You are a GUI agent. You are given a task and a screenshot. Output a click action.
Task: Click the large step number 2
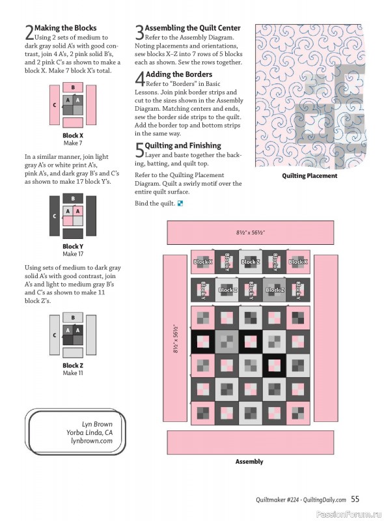29,33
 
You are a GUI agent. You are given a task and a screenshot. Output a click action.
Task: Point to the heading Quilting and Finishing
183,145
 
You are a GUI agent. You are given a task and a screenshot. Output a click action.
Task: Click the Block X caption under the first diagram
73,135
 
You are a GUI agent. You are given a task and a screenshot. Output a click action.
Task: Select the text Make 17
73,254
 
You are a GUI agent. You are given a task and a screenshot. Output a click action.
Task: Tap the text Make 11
73,373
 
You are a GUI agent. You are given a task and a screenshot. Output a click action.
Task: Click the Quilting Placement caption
309,176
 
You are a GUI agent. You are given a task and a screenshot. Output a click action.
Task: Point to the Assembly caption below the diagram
249,462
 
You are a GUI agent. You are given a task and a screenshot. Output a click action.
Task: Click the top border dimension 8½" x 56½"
249,232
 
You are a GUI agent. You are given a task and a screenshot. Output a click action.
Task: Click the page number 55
355,500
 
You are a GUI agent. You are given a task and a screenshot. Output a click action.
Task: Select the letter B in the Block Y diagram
73,199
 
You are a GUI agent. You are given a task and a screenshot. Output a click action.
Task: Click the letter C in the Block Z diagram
55,335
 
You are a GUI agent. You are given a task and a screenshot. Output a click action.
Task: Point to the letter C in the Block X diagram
55,104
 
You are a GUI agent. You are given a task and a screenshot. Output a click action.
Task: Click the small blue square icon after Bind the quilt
180,204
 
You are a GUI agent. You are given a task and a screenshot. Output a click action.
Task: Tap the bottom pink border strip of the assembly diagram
249,441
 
